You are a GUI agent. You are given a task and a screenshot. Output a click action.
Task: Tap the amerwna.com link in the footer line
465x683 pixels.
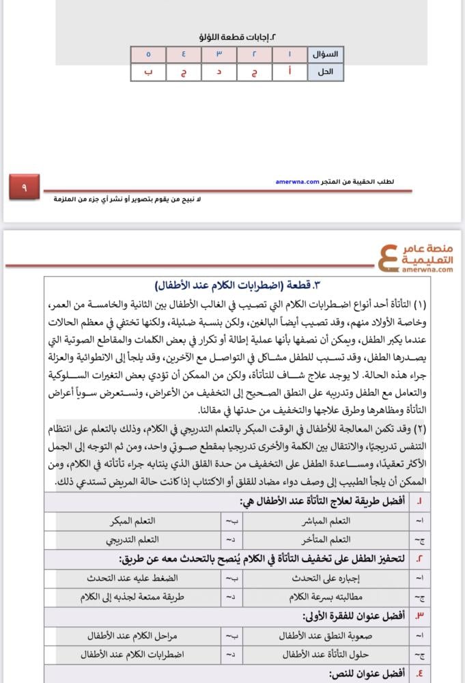click(x=298, y=182)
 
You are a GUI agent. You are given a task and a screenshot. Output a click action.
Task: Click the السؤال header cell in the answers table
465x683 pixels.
click(x=327, y=54)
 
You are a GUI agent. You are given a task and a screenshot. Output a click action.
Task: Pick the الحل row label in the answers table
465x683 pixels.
click(x=327, y=72)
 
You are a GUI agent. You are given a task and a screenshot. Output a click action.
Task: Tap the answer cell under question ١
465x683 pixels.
click(x=290, y=72)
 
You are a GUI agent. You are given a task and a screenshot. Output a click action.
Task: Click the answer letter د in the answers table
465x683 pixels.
click(x=219, y=72)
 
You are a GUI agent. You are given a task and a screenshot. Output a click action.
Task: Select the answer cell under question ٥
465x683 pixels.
click(x=149, y=72)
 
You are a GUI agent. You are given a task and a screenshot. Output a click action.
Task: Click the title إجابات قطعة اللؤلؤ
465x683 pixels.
click(x=237, y=38)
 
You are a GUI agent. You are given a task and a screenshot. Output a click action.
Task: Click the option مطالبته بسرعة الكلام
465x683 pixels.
click(x=330, y=596)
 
